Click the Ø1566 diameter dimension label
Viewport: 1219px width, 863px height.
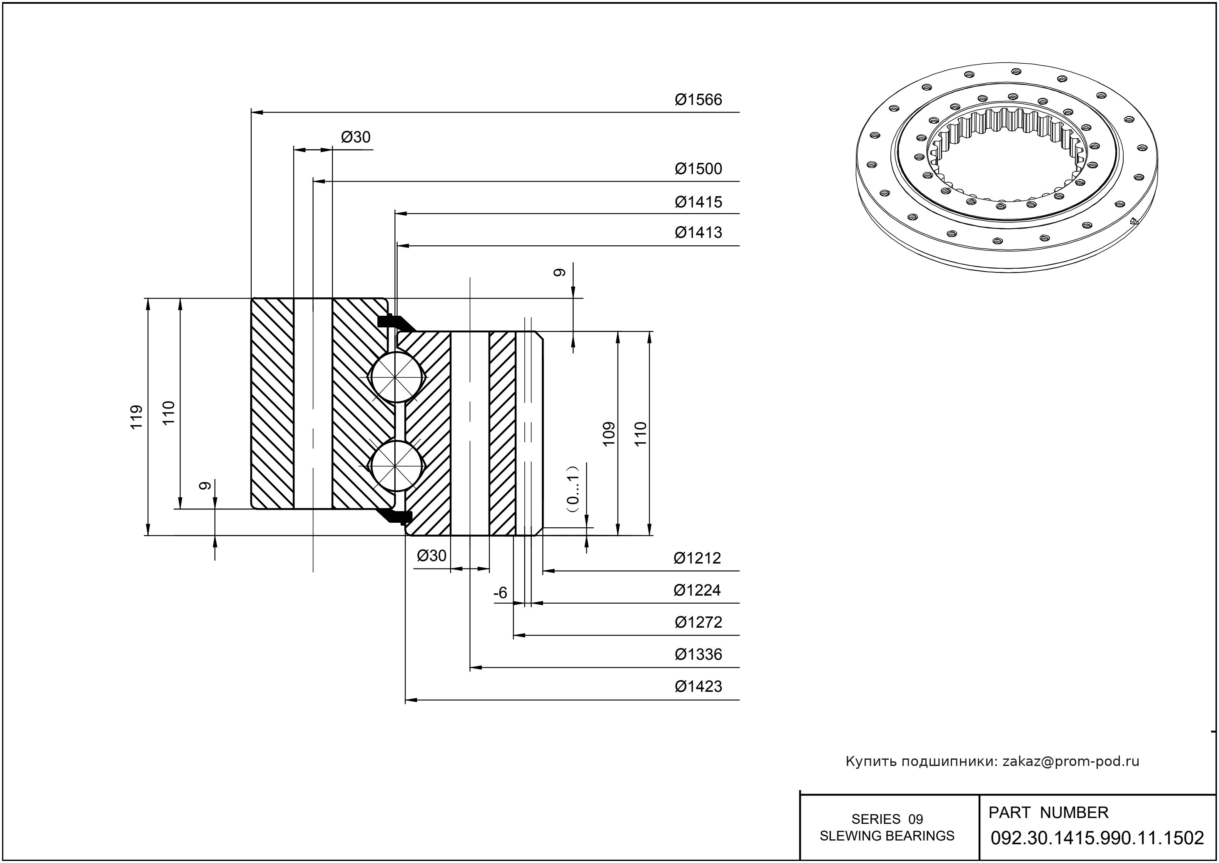[x=698, y=100]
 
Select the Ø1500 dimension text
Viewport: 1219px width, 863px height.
[x=698, y=169]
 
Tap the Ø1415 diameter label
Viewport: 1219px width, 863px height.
[x=698, y=202]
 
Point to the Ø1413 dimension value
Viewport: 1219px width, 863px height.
[x=698, y=232]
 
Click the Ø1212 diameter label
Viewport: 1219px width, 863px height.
[x=697, y=558]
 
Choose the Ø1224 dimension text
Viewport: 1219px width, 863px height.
[x=697, y=590]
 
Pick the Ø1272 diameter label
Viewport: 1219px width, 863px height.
[x=698, y=622]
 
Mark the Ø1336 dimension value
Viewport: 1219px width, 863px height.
[x=698, y=654]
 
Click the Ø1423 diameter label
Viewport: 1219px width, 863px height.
[x=698, y=686]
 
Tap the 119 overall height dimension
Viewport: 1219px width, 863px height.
[x=137, y=417]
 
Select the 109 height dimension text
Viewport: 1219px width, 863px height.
[x=609, y=434]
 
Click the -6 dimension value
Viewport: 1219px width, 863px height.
[x=501, y=593]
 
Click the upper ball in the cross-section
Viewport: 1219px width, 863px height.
[x=396, y=377]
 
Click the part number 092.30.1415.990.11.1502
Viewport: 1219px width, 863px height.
[x=1097, y=838]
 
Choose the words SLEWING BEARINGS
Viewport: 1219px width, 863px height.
[x=887, y=836]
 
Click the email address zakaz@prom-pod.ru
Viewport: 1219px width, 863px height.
[x=1071, y=761]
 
